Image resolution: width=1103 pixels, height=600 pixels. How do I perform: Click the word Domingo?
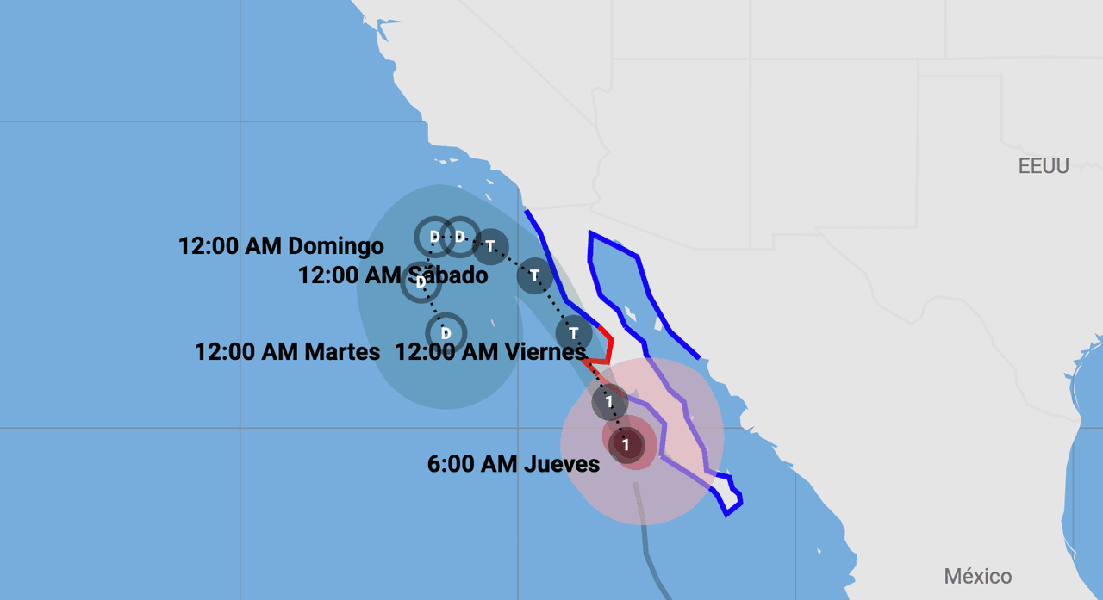[336, 246]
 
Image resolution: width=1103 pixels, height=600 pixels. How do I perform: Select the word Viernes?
[543, 352]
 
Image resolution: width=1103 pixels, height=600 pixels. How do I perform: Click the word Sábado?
[447, 276]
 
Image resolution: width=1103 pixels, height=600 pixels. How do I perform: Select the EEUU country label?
[1043, 167]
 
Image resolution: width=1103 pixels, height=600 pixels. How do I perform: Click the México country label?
[977, 576]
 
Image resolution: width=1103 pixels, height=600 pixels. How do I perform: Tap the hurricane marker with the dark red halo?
[626, 445]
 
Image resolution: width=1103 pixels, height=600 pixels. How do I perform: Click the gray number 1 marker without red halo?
[609, 401]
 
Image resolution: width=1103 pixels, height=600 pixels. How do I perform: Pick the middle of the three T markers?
[534, 276]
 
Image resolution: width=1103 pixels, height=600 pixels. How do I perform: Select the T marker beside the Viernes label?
[574, 332]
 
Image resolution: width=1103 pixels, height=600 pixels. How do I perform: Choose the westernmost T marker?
[490, 246]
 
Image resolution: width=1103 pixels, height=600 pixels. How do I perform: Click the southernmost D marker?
[446, 332]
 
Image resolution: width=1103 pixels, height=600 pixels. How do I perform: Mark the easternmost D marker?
[460, 236]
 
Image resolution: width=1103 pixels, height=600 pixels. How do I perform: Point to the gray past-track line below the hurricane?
[646, 542]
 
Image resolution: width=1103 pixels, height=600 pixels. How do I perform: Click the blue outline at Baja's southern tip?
[730, 504]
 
